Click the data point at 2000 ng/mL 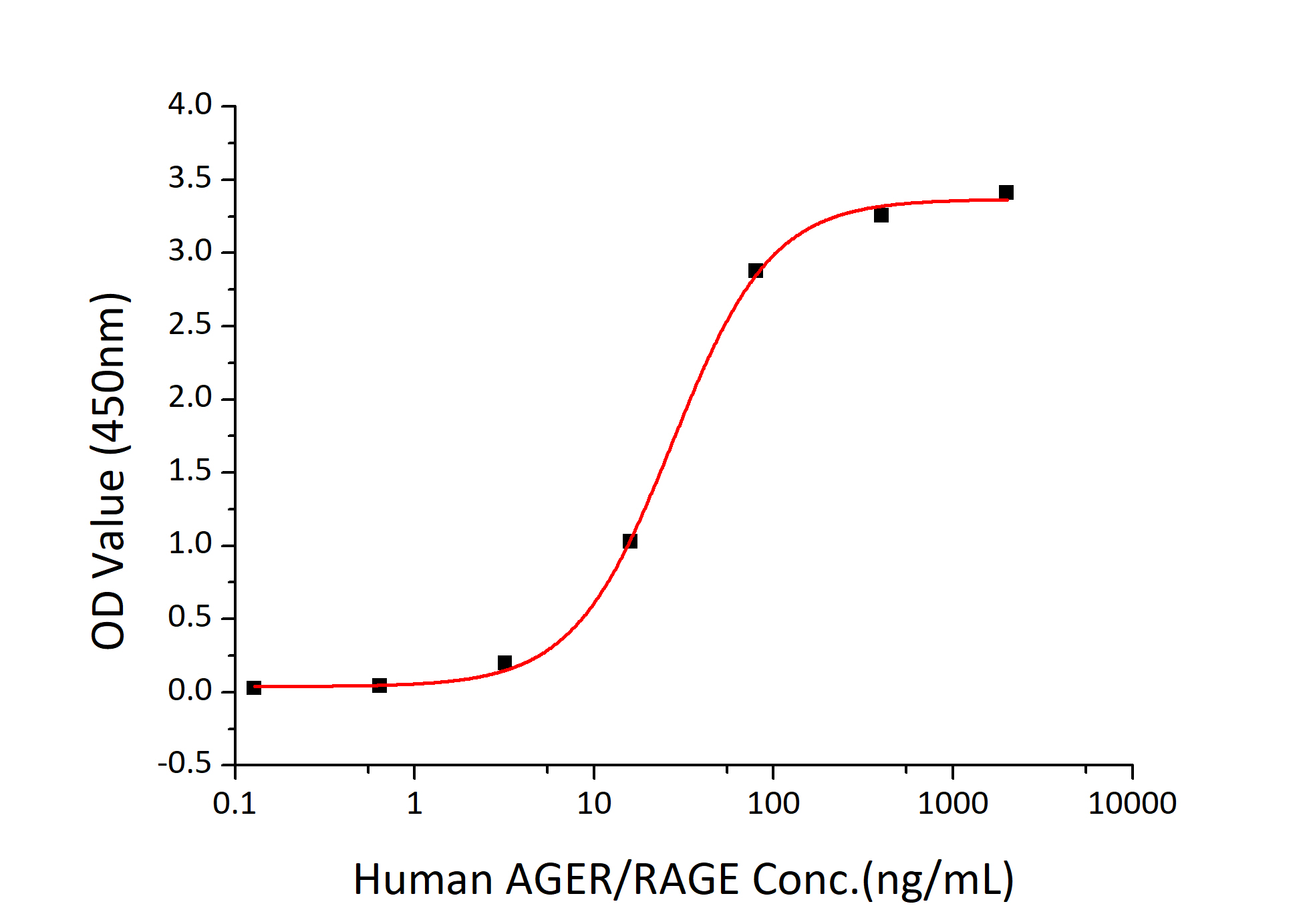pyautogui.click(x=1006, y=192)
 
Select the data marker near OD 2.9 pyautogui.click(x=755, y=271)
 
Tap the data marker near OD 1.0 pyautogui.click(x=629, y=541)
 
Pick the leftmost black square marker pyautogui.click(x=254, y=687)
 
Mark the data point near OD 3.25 pyautogui.click(x=881, y=215)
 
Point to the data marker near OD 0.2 pyautogui.click(x=504, y=663)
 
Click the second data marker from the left pyautogui.click(x=379, y=685)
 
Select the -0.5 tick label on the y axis pyautogui.click(x=184, y=764)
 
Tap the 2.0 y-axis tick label pyautogui.click(x=190, y=398)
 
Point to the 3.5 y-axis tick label pyautogui.click(x=190, y=178)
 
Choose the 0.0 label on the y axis pyautogui.click(x=190, y=690)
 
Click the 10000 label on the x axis pyautogui.click(x=1132, y=803)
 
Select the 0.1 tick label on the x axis pyautogui.click(x=235, y=803)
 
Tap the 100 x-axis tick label pyautogui.click(x=773, y=803)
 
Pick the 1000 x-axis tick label pyautogui.click(x=952, y=803)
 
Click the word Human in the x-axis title pyautogui.click(x=422, y=879)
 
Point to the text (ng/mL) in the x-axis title pyautogui.click(x=937, y=881)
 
